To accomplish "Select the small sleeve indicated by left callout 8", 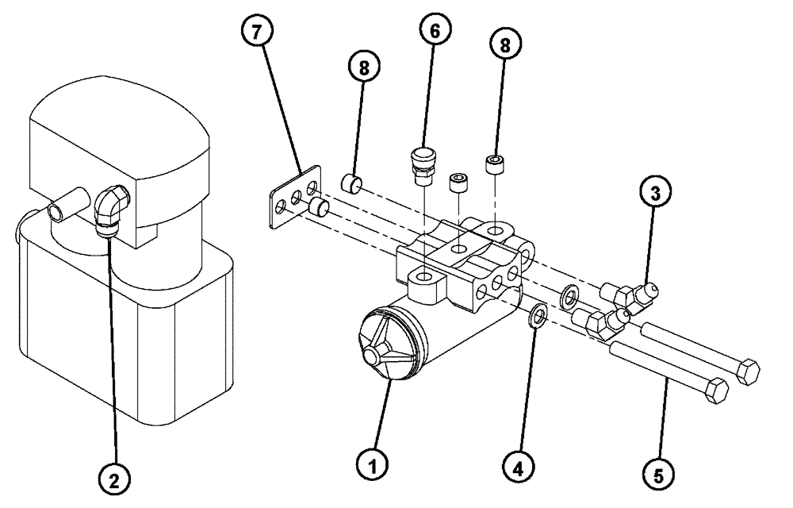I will coord(351,185).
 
